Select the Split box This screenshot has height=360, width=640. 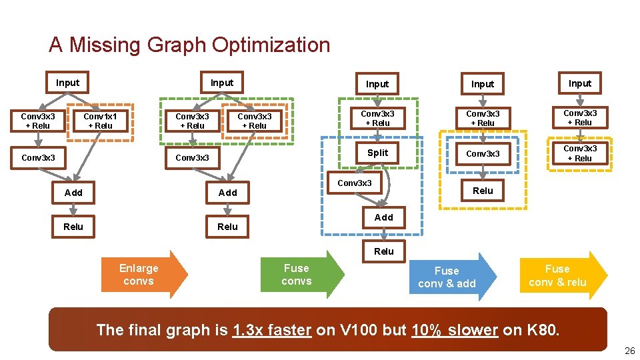[x=377, y=153]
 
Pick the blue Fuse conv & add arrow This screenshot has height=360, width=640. [x=449, y=277]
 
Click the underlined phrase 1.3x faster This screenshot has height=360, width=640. [x=272, y=329]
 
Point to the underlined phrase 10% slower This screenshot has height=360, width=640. [x=455, y=329]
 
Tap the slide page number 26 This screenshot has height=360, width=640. [x=629, y=351]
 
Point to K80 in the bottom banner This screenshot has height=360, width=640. [x=539, y=329]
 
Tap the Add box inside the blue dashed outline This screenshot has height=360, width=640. [x=384, y=217]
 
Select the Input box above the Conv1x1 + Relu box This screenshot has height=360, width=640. [x=67, y=83]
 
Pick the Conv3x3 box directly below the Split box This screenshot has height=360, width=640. [x=355, y=183]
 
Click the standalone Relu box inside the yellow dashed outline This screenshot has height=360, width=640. [x=483, y=191]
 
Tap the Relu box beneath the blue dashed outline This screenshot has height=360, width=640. [x=384, y=251]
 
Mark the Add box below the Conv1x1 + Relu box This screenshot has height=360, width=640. [x=73, y=193]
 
